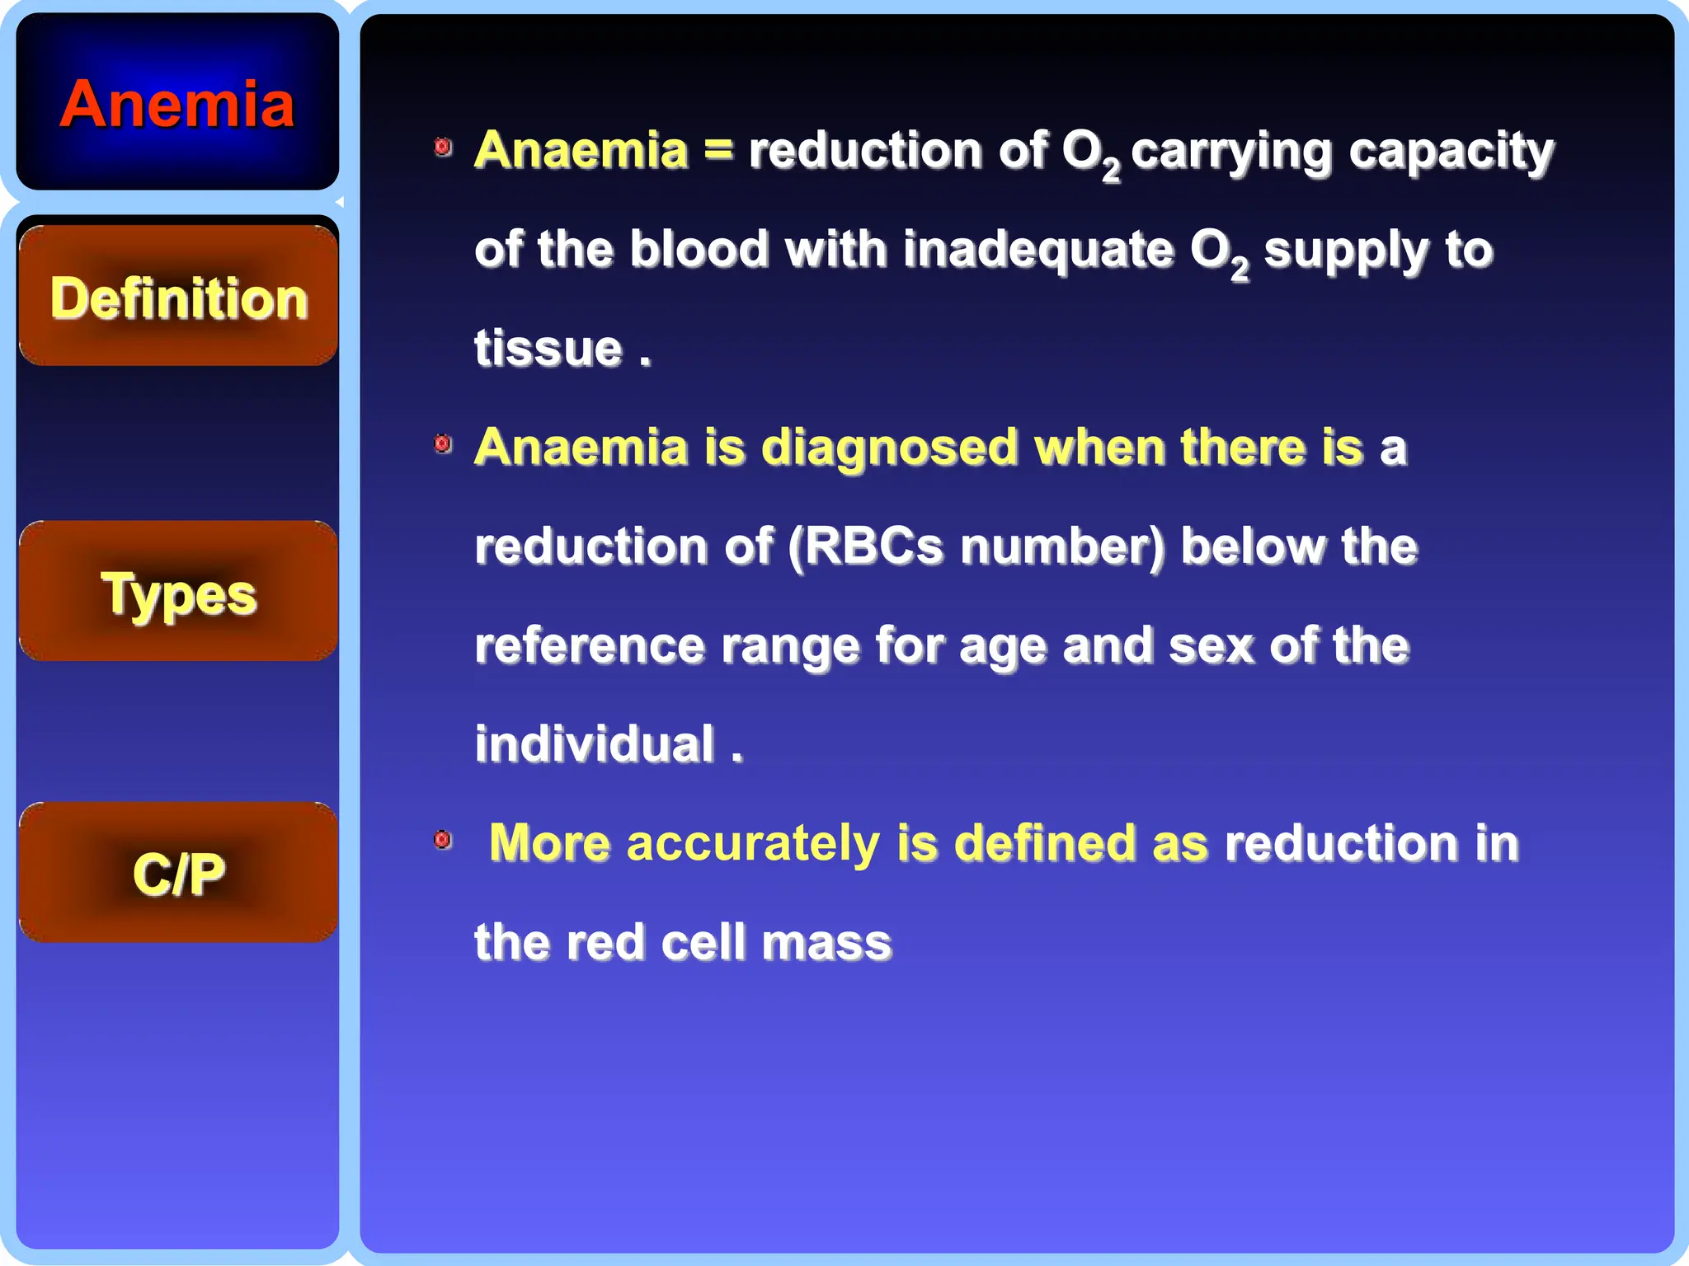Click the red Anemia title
[x=176, y=105]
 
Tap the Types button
[x=178, y=593]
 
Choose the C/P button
[x=178, y=874]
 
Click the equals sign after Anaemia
[x=717, y=150]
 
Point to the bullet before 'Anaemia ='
[x=443, y=148]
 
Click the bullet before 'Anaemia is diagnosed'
[x=443, y=444]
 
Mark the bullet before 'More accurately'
[x=443, y=840]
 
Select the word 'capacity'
[x=1451, y=152]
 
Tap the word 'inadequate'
[x=1037, y=250]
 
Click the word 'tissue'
[x=548, y=348]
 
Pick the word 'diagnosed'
[x=889, y=448]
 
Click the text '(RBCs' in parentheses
[x=864, y=546]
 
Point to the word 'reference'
[x=590, y=645]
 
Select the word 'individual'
[x=594, y=743]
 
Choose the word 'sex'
[x=1211, y=645]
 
